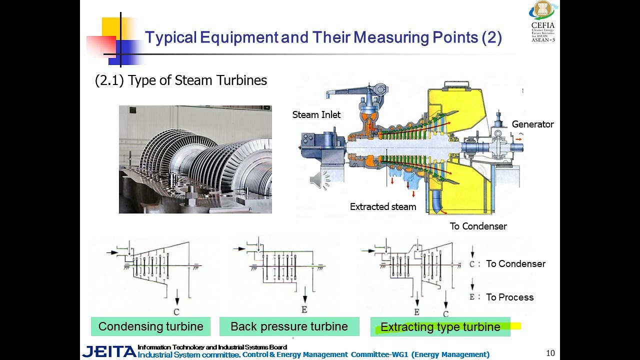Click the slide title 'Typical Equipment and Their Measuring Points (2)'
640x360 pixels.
click(323, 37)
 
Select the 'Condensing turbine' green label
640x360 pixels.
click(150, 326)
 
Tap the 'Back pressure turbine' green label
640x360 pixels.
click(289, 326)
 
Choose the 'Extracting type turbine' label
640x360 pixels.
click(440, 327)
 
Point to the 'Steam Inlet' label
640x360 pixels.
click(316, 115)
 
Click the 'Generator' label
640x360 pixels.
click(532, 124)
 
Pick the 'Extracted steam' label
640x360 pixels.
click(383, 207)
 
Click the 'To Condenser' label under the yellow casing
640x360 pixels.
click(478, 226)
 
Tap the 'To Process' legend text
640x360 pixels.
click(509, 297)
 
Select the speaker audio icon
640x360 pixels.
click(319, 180)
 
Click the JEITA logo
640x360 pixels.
click(109, 351)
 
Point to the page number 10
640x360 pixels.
click(550, 353)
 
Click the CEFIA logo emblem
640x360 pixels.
click(543, 10)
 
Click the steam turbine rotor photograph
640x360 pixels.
click(195, 159)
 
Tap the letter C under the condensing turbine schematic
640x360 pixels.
click(176, 312)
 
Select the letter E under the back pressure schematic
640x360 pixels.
click(304, 310)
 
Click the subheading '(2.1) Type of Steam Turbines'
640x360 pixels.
click(181, 80)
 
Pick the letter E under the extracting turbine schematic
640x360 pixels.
click(417, 312)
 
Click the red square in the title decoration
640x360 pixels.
click(100, 46)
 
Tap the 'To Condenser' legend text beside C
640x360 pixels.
click(515, 264)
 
